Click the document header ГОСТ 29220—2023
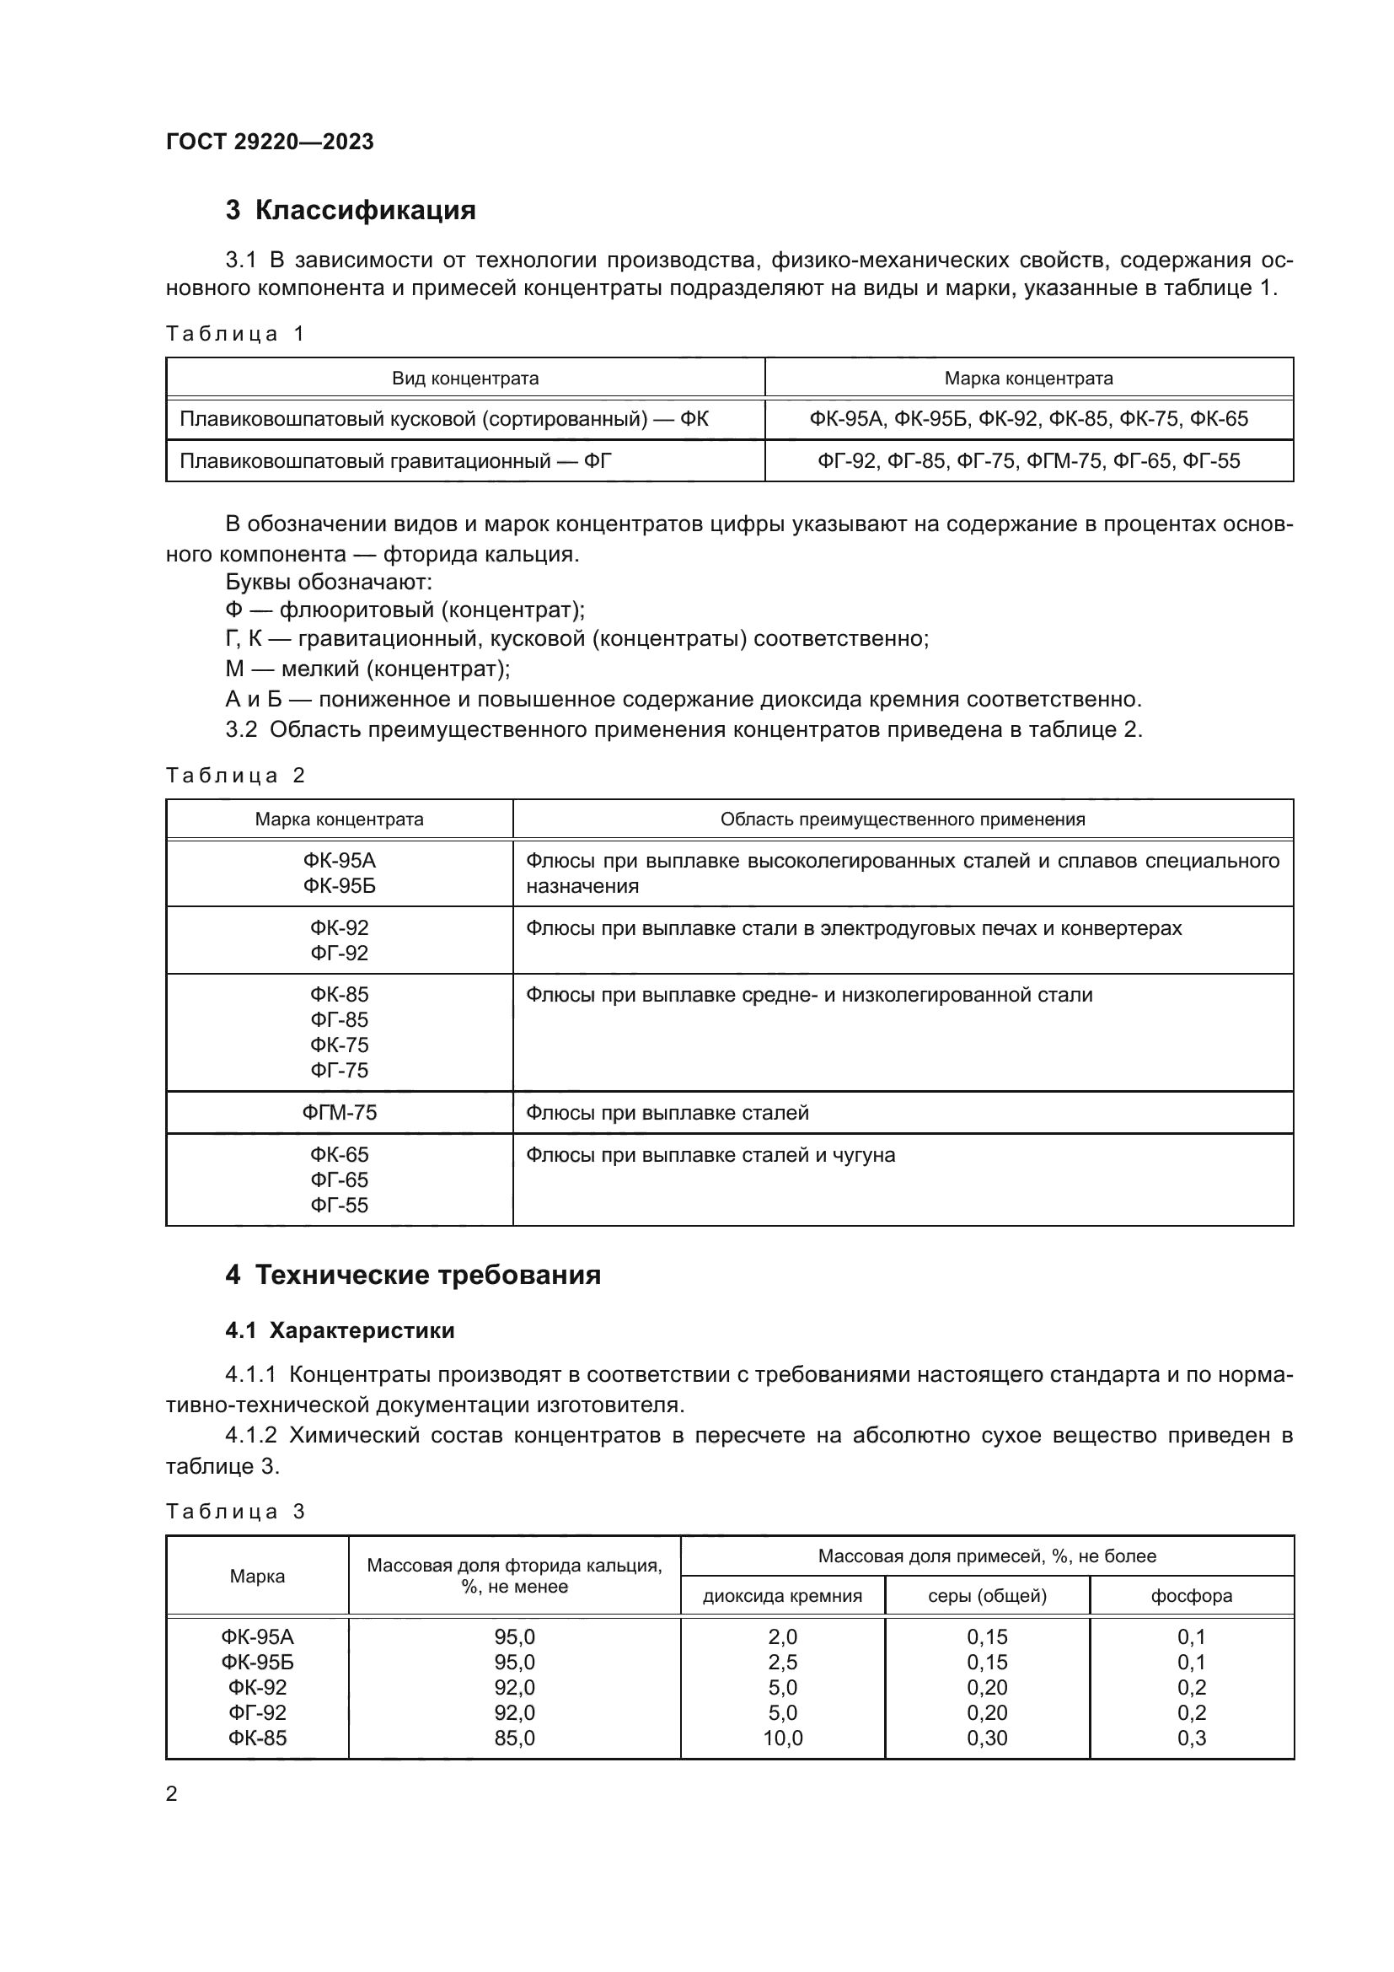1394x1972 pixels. pyautogui.click(x=270, y=142)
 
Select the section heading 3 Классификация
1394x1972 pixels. pyautogui.click(x=351, y=211)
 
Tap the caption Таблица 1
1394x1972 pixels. pyautogui.click(x=235, y=333)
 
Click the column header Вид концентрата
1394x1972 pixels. pyautogui.click(x=465, y=378)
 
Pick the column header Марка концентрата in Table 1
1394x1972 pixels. pyautogui.click(x=1028, y=378)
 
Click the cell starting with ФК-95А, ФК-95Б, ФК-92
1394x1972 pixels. pyautogui.click(x=1028, y=419)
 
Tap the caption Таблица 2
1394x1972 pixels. pyautogui.click(x=235, y=776)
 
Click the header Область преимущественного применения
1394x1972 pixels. pyautogui.click(x=902, y=819)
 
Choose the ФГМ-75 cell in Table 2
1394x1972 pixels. pyautogui.click(x=339, y=1113)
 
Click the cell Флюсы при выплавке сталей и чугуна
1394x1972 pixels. pyautogui.click(x=710, y=1155)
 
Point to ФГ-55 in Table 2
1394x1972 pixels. pyautogui.click(x=339, y=1205)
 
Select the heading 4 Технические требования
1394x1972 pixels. pyautogui.click(x=413, y=1275)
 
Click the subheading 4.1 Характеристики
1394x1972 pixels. pyautogui.click(x=340, y=1331)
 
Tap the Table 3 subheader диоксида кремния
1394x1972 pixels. pyautogui.click(x=782, y=1596)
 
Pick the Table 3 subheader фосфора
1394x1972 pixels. pyautogui.click(x=1192, y=1596)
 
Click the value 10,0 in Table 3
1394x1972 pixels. pyautogui.click(x=782, y=1738)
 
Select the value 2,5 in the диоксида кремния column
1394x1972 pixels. pyautogui.click(x=782, y=1662)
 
